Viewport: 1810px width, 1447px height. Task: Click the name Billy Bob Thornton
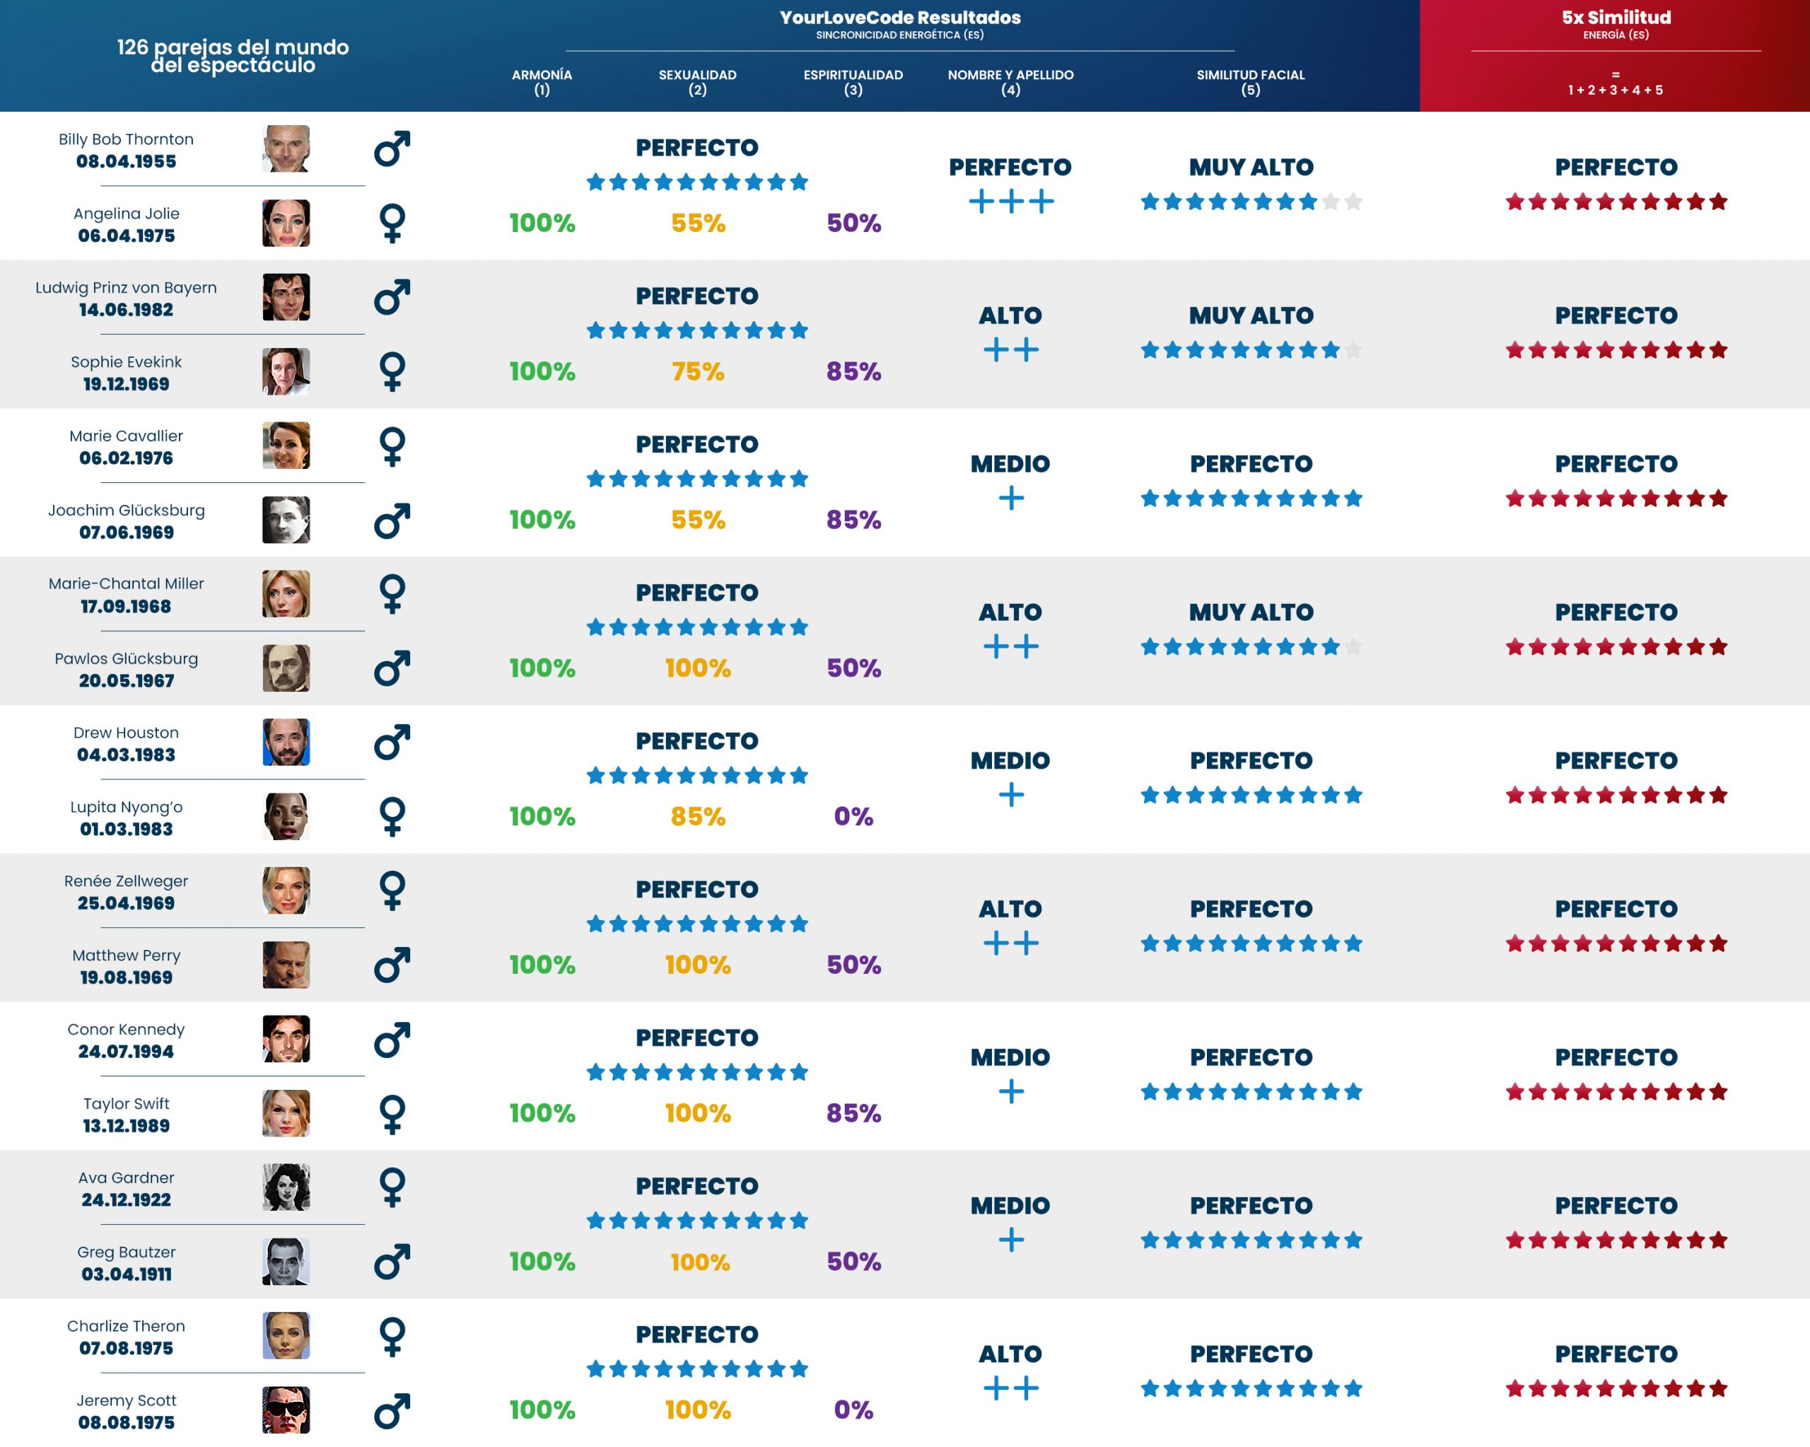click(126, 139)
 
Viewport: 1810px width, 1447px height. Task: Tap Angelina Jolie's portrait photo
click(286, 223)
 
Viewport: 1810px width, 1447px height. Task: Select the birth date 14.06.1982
click(126, 310)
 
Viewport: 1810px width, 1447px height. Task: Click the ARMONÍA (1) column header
click(542, 82)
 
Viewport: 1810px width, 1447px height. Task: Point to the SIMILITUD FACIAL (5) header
click(1250, 82)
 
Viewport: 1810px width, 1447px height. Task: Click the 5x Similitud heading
click(1616, 18)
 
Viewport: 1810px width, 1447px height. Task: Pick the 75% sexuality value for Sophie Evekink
click(698, 371)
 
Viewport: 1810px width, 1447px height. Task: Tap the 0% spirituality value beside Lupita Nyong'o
click(853, 816)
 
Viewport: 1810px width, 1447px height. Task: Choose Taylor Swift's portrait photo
click(286, 1114)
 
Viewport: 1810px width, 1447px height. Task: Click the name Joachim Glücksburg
click(126, 511)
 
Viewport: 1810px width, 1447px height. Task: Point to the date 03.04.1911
click(126, 1274)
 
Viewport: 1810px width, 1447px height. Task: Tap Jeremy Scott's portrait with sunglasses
click(286, 1410)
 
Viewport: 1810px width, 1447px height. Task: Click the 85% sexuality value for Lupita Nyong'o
click(698, 816)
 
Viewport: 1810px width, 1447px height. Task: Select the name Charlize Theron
click(126, 1326)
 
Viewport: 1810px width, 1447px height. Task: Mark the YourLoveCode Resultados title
click(899, 18)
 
